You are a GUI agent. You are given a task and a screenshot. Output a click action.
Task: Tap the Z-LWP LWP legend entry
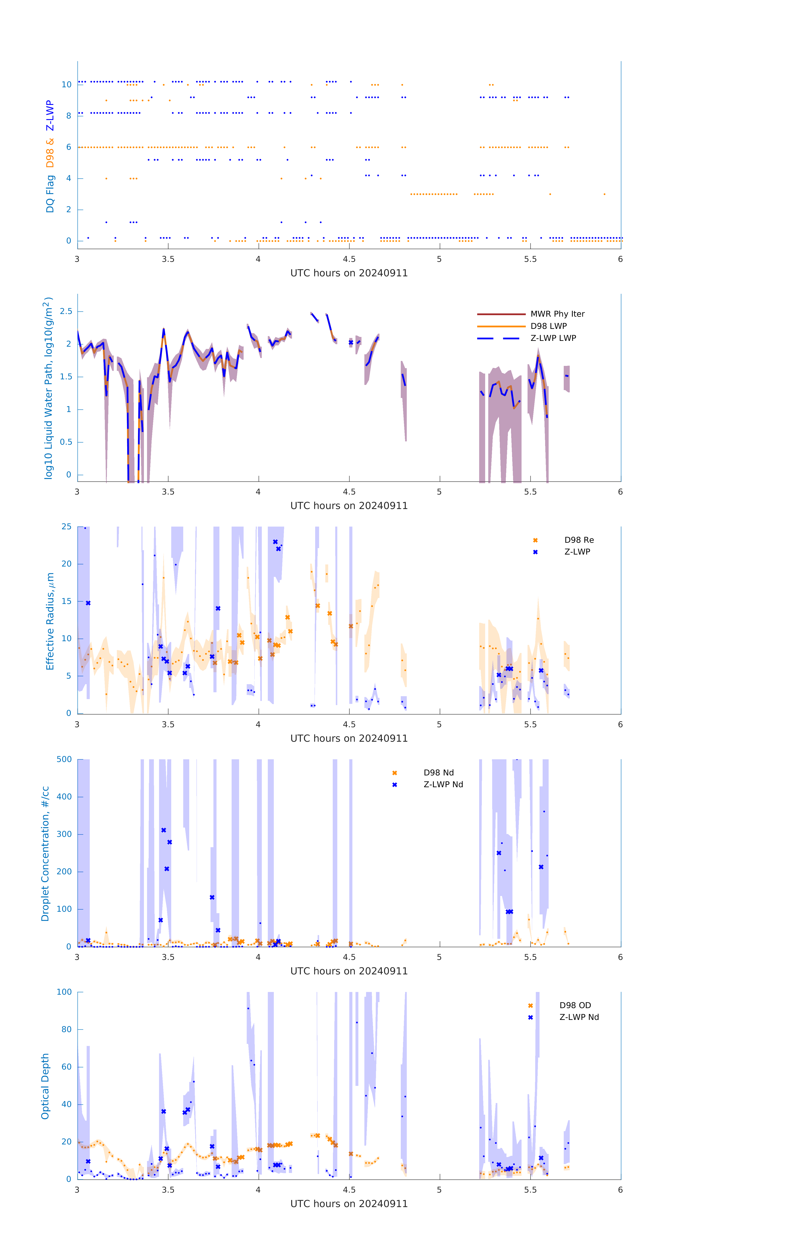(553, 338)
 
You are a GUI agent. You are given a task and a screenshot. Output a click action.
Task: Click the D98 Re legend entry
(579, 540)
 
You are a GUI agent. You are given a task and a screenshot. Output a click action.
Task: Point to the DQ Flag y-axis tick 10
(66, 85)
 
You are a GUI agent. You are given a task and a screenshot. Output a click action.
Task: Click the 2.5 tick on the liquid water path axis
(66, 311)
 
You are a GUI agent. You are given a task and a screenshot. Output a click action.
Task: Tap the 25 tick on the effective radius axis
(66, 527)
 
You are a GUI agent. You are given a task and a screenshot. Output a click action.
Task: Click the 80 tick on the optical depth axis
(66, 1030)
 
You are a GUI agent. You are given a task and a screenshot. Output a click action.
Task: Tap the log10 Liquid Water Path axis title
(48, 388)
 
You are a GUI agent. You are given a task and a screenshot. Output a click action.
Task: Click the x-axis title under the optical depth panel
(349, 1204)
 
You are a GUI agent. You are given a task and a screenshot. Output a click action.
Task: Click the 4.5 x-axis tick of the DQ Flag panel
(349, 259)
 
